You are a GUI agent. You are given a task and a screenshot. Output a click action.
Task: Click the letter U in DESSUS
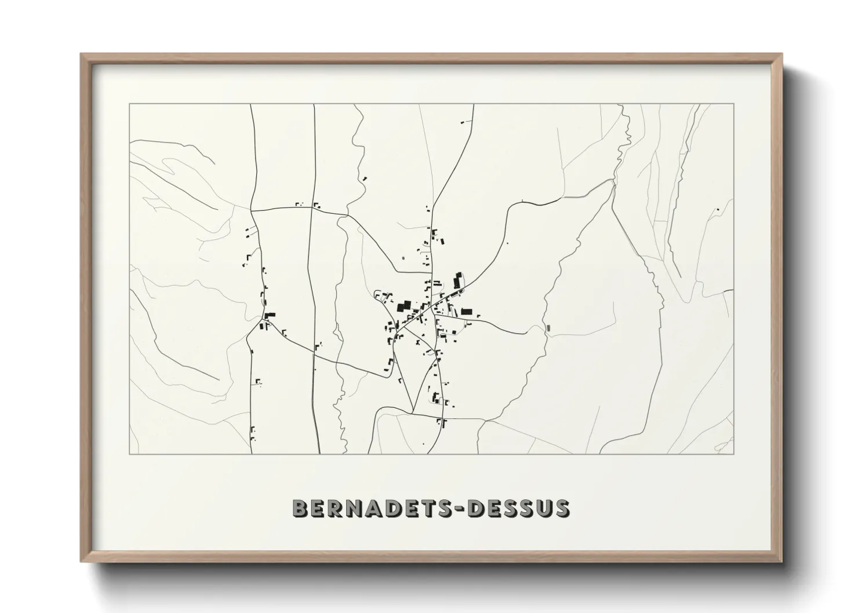[543, 508]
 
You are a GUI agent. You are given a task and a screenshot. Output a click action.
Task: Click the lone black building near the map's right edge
[718, 209]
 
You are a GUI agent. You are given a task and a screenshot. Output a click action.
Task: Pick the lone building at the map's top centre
[463, 122]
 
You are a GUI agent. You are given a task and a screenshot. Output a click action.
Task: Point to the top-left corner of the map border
[130, 104]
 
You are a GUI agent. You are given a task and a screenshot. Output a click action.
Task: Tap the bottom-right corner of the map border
[733, 454]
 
